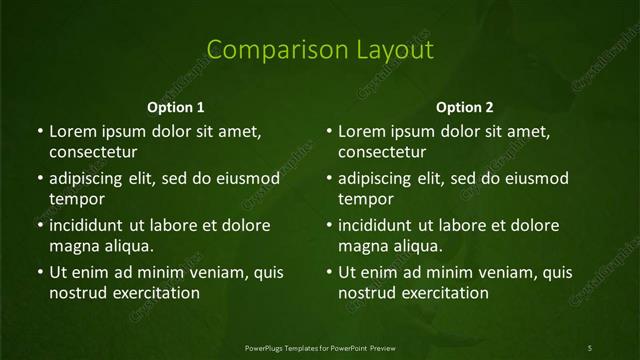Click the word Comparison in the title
[x=266, y=50]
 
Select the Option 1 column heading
[x=176, y=107]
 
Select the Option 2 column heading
[x=465, y=107]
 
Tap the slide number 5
[x=589, y=347]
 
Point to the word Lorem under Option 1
[x=71, y=131]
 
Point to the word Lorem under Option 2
[x=360, y=131]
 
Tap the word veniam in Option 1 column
[x=199, y=272]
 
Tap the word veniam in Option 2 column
[x=488, y=272]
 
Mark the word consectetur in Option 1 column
[x=93, y=152]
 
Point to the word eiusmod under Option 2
[x=536, y=179]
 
